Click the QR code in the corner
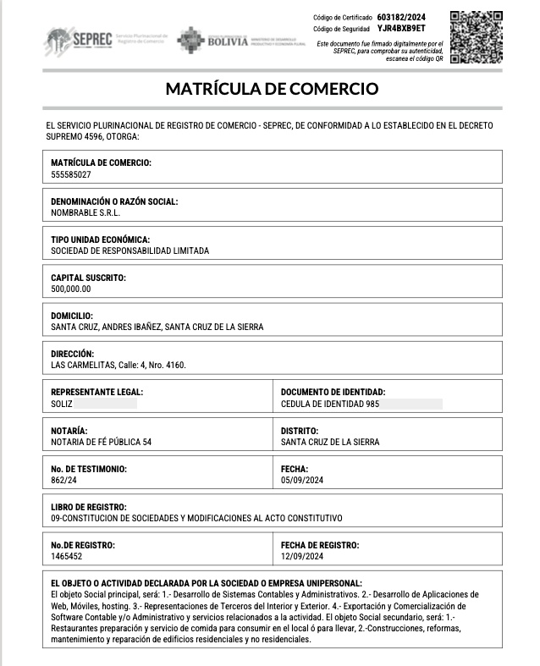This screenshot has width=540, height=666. (476, 37)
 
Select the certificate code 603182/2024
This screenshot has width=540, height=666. (400, 17)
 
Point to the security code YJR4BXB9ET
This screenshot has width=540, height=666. (401, 29)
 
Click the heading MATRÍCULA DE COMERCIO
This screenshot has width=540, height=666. (271, 89)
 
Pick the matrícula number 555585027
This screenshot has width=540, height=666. (71, 173)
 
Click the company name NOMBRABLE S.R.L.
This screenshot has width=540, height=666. (85, 212)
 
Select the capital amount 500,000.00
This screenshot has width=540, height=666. (70, 289)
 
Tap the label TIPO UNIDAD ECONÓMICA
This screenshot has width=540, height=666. (100, 240)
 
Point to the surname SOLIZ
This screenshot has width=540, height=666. (62, 404)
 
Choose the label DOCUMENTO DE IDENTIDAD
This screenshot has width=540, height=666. (333, 393)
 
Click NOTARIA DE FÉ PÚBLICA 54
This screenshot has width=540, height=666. (102, 442)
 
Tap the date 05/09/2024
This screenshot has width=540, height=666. (301, 480)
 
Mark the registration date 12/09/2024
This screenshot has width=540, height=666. (301, 556)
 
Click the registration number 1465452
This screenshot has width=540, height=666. (67, 556)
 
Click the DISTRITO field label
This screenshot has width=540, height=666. (300, 431)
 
